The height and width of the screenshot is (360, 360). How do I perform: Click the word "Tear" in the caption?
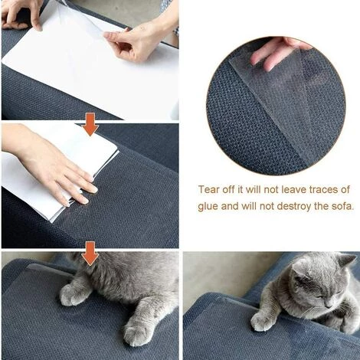211,189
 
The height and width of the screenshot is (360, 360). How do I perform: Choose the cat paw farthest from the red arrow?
138,333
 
